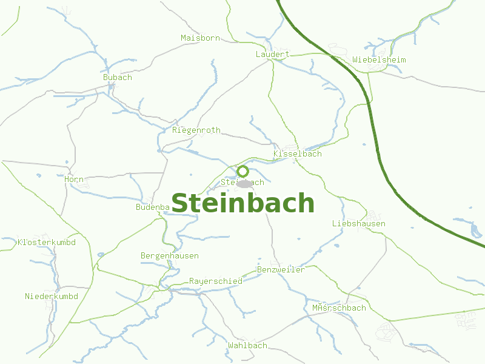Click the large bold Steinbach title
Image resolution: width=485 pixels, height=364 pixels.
tap(242, 203)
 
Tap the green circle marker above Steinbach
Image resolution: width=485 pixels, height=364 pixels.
tap(243, 171)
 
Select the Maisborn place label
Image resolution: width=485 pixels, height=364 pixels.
tap(200, 38)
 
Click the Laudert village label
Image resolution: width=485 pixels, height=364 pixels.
tap(272, 55)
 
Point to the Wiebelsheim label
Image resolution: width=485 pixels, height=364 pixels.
tap(379, 60)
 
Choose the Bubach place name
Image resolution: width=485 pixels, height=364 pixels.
tap(117, 78)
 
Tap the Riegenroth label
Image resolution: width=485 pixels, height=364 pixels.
tap(196, 130)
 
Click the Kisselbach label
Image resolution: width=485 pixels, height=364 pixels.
tap(297, 154)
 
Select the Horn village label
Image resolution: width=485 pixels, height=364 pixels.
tap(74, 180)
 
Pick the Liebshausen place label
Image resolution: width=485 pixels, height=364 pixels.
tap(358, 224)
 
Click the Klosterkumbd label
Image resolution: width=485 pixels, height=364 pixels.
tap(47, 243)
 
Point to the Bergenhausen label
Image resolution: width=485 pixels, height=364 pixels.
tap(169, 256)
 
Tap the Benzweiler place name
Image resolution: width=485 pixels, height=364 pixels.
tap(281, 270)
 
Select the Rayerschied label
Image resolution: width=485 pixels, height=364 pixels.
tap(215, 281)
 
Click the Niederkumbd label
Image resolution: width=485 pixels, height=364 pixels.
tap(51, 297)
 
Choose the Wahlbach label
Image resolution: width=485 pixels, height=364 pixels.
tap(247, 346)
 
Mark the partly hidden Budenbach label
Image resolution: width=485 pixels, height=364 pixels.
tap(152, 207)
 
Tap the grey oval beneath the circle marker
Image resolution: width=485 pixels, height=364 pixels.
tap(244, 184)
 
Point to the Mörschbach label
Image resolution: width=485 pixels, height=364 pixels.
tap(339, 308)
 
